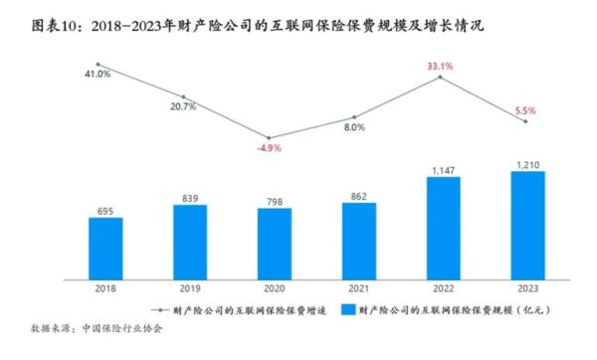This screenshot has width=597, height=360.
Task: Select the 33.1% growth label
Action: pos(441,67)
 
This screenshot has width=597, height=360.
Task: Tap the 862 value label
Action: pos(355,193)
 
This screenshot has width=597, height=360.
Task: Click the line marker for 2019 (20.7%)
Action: pos(185,97)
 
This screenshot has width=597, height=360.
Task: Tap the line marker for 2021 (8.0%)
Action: pos(355,117)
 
